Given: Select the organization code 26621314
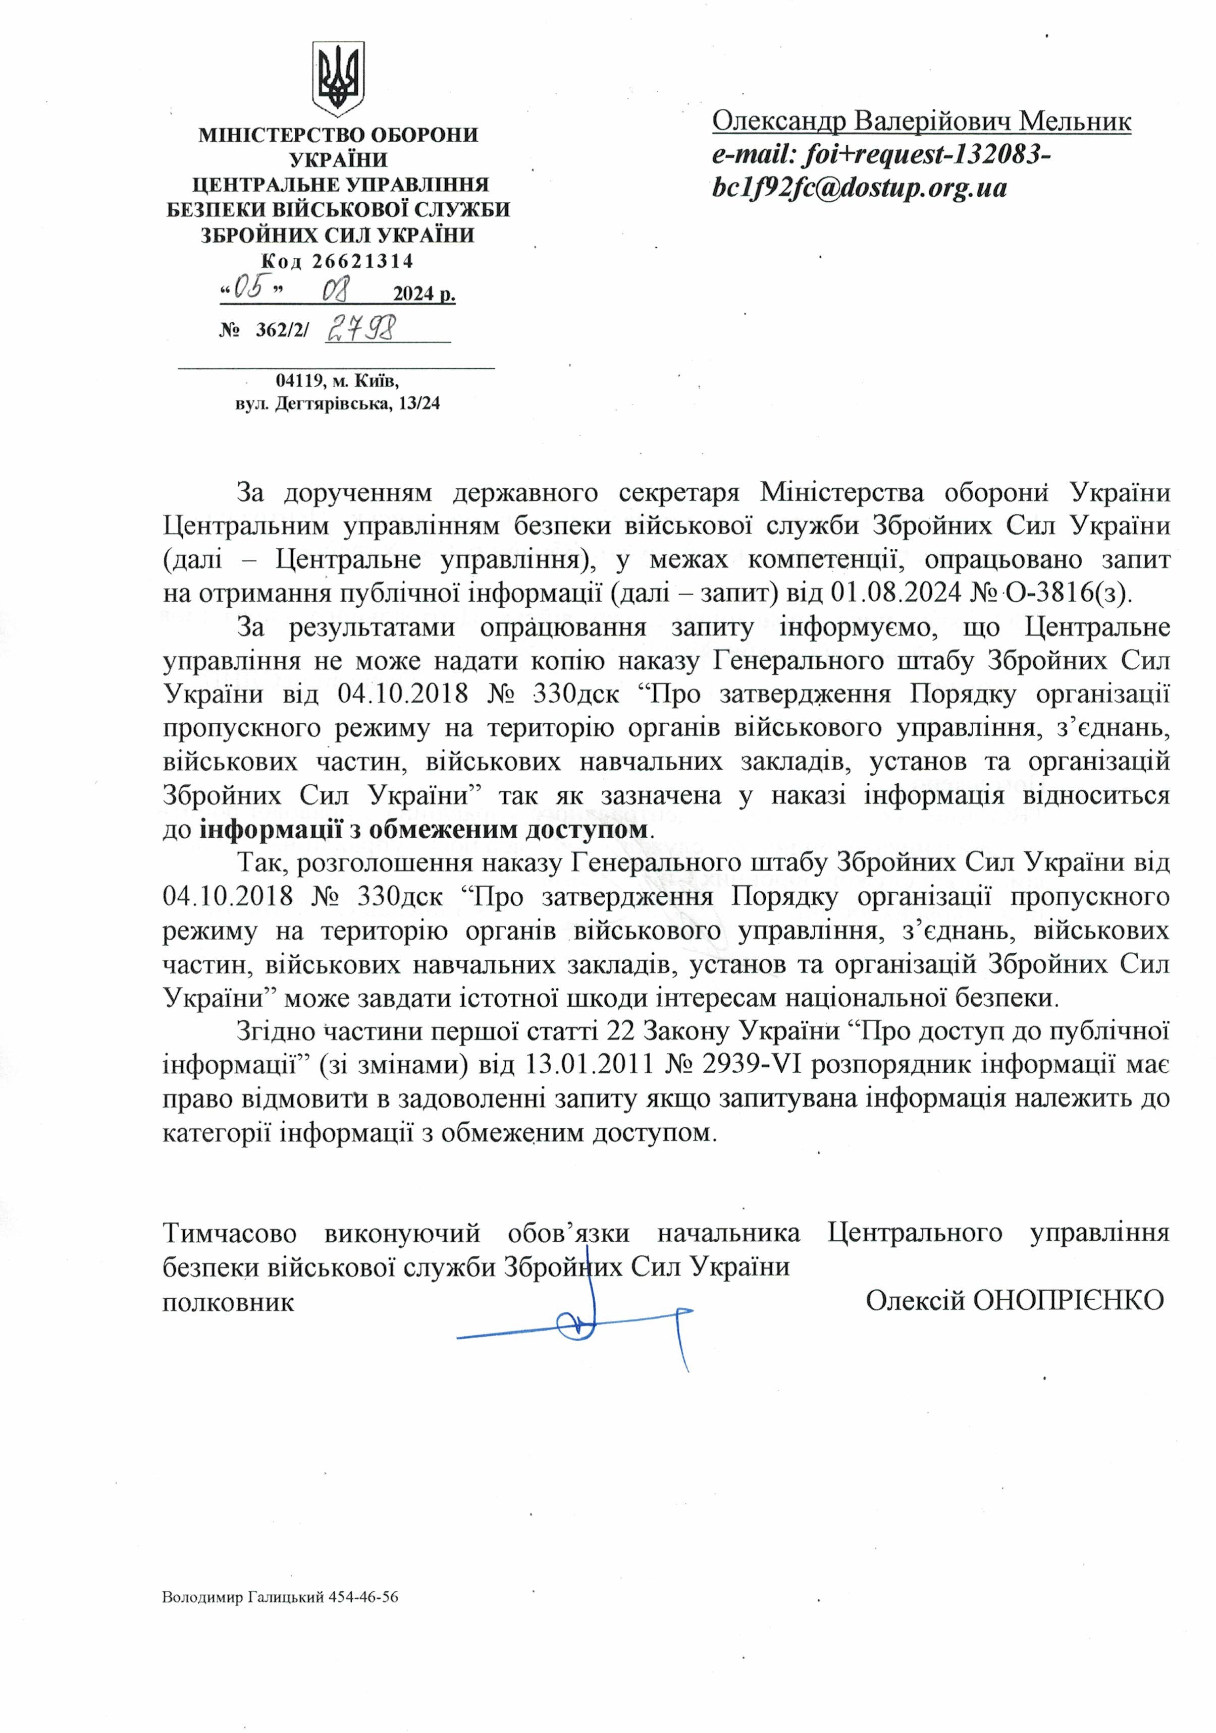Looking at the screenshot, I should point(362,262).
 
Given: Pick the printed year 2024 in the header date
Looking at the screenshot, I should point(412,294).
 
